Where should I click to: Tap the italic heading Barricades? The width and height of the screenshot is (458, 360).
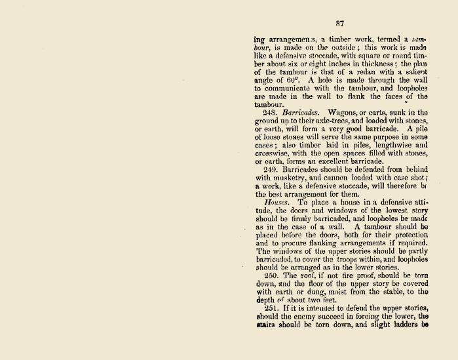(x=301, y=113)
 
